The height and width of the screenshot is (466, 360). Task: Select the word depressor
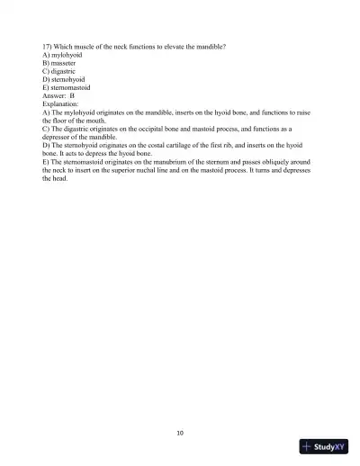(x=62, y=156)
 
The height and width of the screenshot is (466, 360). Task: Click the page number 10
(x=180, y=433)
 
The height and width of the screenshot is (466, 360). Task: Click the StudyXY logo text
(x=331, y=446)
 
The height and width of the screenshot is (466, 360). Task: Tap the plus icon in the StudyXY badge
(x=309, y=446)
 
